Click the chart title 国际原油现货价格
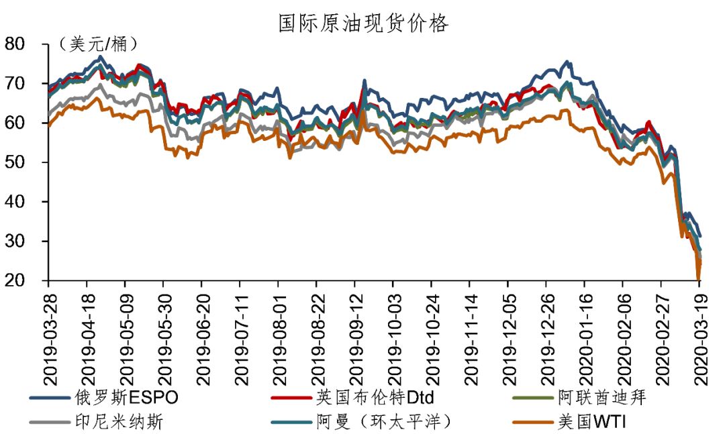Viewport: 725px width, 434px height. [363, 23]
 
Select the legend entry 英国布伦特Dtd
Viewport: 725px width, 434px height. [379, 398]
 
